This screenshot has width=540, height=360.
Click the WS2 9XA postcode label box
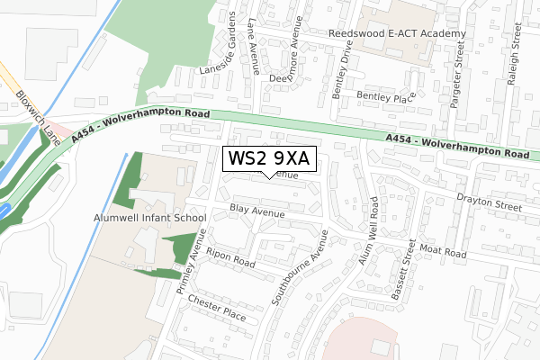click(x=269, y=158)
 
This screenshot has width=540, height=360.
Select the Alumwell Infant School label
click(x=149, y=218)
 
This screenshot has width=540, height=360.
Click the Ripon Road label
click(x=231, y=257)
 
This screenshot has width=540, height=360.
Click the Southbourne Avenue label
click(x=301, y=268)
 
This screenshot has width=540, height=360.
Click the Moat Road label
click(x=443, y=250)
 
